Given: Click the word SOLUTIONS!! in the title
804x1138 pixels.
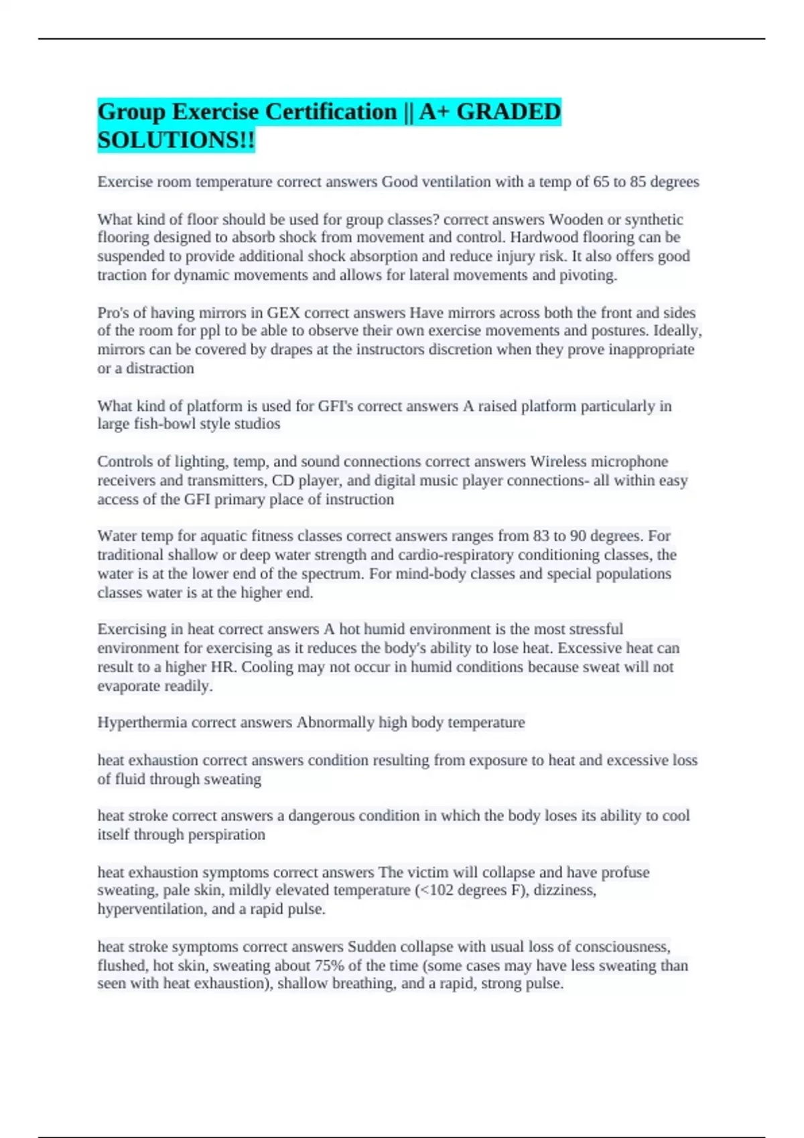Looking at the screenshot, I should pos(176,140).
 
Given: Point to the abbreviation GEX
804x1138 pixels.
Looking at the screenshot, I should pos(283,313).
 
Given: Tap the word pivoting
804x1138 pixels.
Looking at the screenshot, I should pos(588,275).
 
